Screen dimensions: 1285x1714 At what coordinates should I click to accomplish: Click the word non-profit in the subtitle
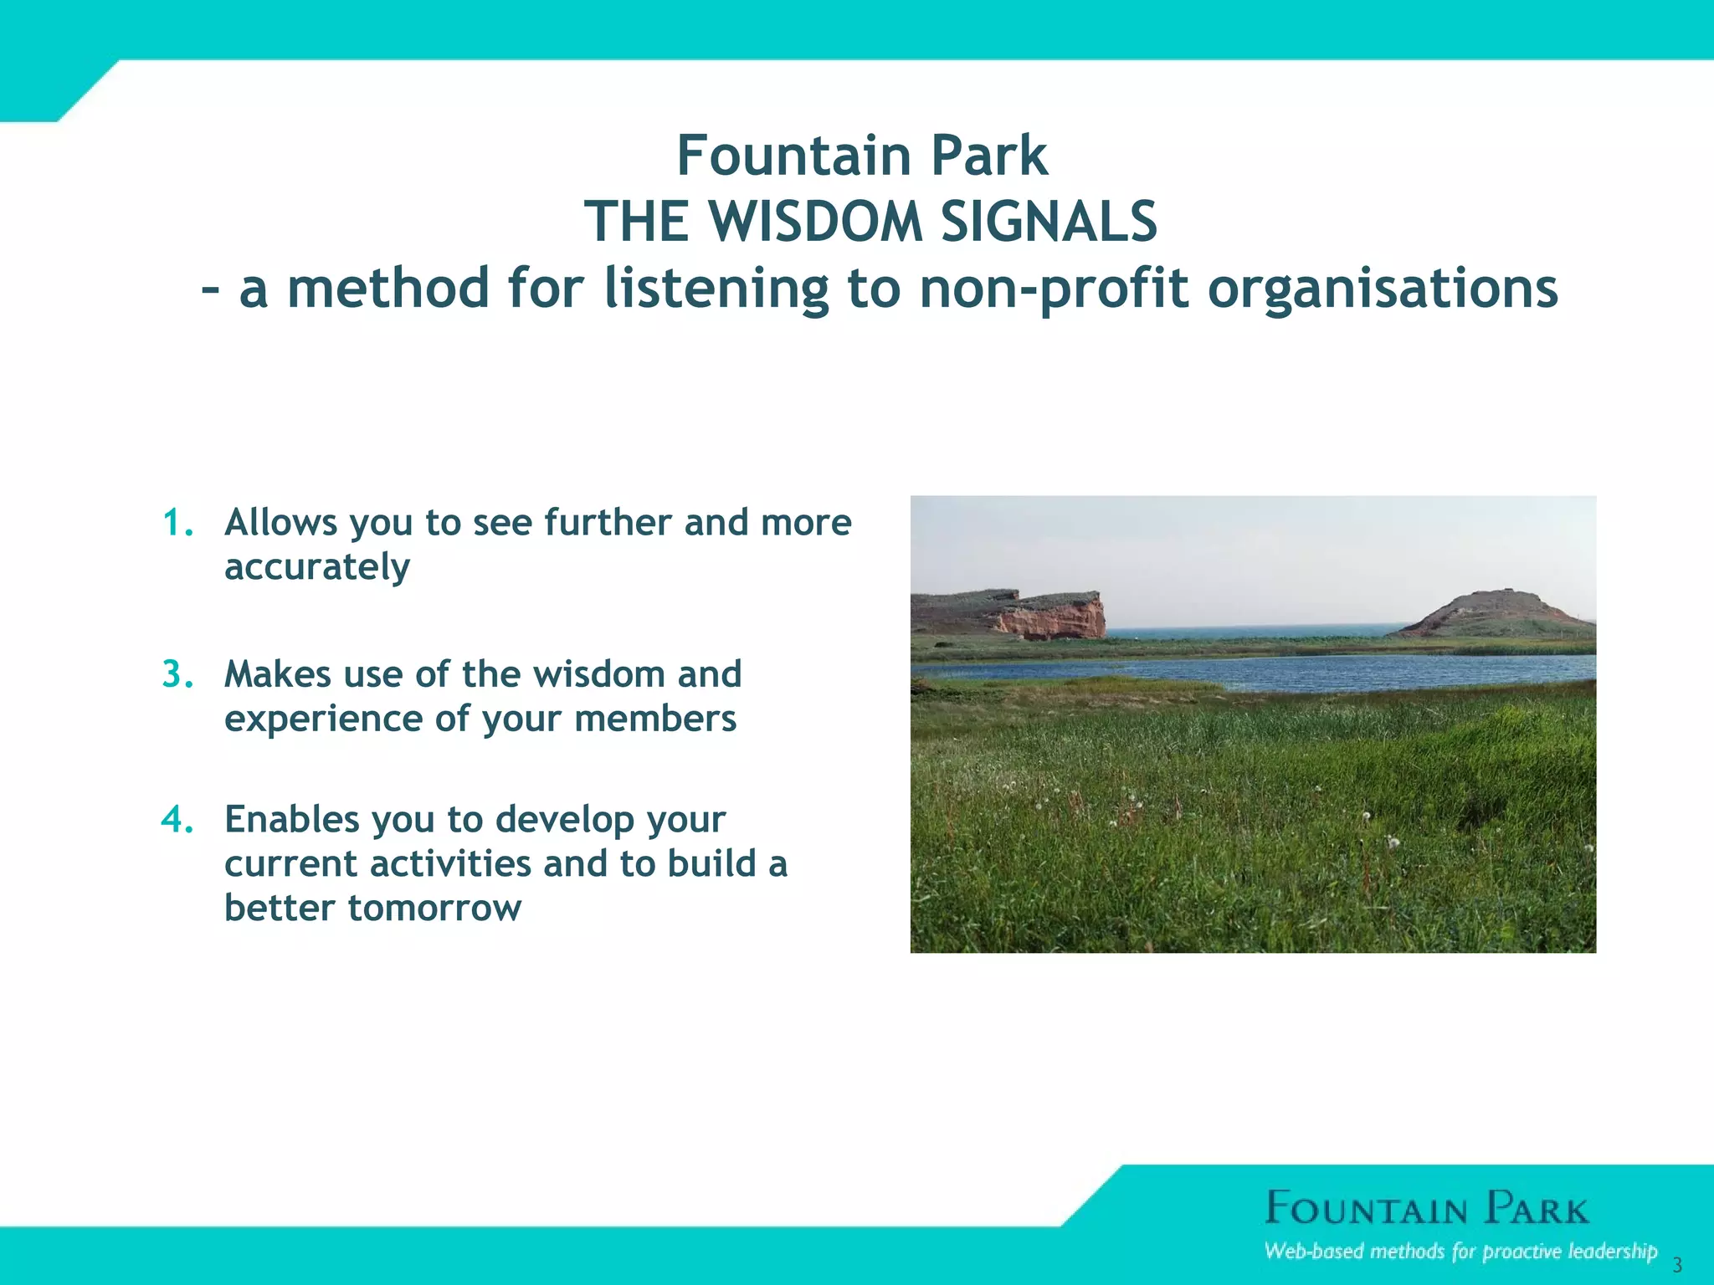(1054, 289)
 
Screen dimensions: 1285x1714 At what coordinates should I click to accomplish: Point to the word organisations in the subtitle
(1383, 289)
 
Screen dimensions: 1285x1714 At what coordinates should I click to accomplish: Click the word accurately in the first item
(317, 568)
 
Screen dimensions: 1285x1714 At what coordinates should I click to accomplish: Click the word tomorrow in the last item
(434, 909)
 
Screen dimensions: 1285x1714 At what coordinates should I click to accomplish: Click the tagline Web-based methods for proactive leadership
(1460, 1252)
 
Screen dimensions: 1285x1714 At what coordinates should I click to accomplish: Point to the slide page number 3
(1676, 1265)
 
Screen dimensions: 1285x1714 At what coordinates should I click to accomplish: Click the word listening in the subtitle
(716, 289)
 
